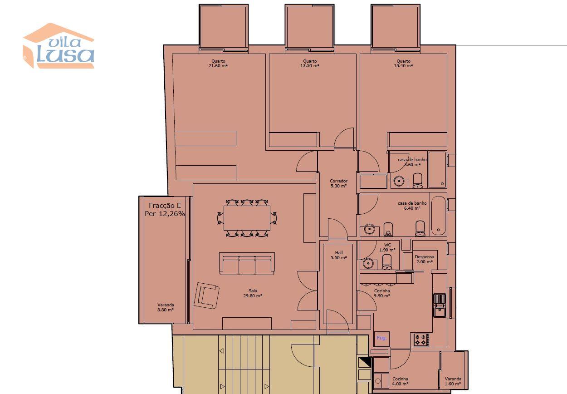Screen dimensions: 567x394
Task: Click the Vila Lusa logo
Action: click(59, 45)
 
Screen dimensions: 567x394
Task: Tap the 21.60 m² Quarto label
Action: click(218, 64)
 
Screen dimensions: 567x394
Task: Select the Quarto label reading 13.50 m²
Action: click(309, 64)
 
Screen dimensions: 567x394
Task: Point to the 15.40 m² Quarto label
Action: click(403, 64)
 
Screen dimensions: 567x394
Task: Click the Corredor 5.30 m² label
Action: click(338, 183)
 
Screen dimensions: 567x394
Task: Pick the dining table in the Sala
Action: click(247, 218)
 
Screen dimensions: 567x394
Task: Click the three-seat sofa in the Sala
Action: click(247, 264)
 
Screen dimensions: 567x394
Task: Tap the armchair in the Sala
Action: click(206, 295)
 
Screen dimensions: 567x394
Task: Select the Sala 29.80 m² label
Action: click(253, 293)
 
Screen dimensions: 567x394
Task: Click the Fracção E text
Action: click(165, 205)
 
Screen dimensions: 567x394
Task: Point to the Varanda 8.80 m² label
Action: click(166, 307)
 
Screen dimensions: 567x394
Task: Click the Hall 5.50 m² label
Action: click(339, 255)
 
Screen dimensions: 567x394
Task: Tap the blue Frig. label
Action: click(381, 338)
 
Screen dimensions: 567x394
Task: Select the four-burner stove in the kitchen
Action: click(421, 340)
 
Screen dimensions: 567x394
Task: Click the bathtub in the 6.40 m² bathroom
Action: click(439, 216)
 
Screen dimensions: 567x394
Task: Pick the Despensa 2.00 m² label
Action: click(425, 259)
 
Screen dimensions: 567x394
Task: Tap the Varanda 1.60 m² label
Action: click(453, 381)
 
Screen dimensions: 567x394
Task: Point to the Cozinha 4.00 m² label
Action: click(400, 381)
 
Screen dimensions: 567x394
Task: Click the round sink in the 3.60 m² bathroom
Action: click(399, 181)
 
